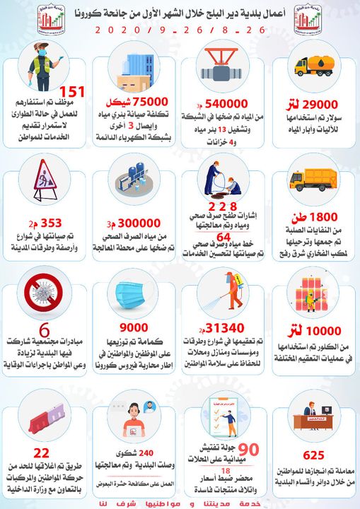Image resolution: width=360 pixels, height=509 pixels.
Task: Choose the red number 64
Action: (223, 235)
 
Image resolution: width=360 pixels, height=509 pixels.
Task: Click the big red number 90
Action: (247, 449)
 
